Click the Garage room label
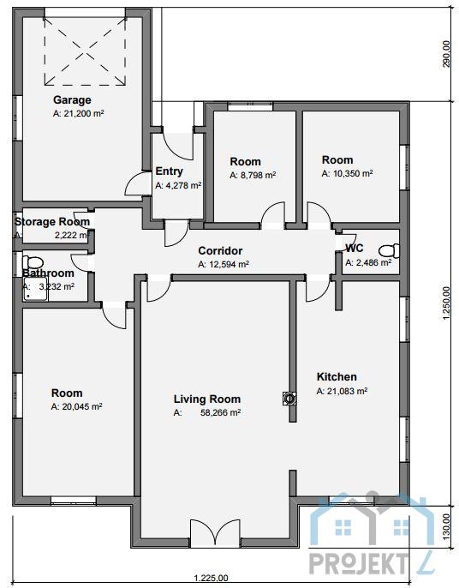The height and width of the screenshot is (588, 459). coord(72,100)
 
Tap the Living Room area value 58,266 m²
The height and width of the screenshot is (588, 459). coord(220,413)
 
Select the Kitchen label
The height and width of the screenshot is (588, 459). coord(337,376)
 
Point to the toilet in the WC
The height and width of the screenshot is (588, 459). coord(389,250)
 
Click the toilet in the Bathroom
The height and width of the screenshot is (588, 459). coord(33,262)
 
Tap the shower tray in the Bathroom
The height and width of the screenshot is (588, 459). coord(36,289)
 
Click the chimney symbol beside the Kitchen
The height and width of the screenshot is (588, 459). coord(289,399)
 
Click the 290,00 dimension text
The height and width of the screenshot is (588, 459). coord(446,54)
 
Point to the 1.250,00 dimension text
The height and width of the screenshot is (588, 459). coord(446,303)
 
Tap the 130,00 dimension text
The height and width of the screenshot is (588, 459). coord(446,527)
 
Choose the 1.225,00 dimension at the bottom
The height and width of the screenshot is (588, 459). coord(211,579)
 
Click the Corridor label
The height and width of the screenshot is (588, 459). coord(220,250)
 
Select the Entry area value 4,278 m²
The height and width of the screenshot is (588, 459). coord(178,185)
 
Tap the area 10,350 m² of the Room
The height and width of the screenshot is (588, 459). coord(347,174)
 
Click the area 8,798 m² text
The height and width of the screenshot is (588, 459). coord(253,175)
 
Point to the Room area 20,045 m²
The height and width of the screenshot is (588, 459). coord(77,407)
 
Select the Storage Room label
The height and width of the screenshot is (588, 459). coord(52,222)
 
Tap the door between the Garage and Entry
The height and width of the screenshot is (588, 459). coord(134,183)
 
